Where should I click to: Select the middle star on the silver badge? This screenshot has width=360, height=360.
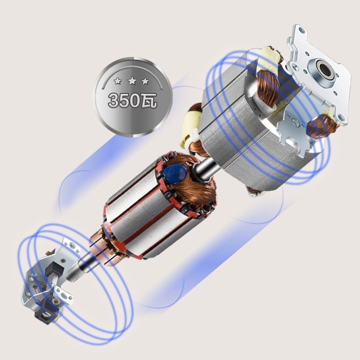click(132, 81)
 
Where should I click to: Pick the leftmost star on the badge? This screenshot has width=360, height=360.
click(118, 81)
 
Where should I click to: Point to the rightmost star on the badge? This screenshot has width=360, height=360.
click(145, 81)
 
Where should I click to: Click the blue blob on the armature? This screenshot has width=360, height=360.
click(175, 173)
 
